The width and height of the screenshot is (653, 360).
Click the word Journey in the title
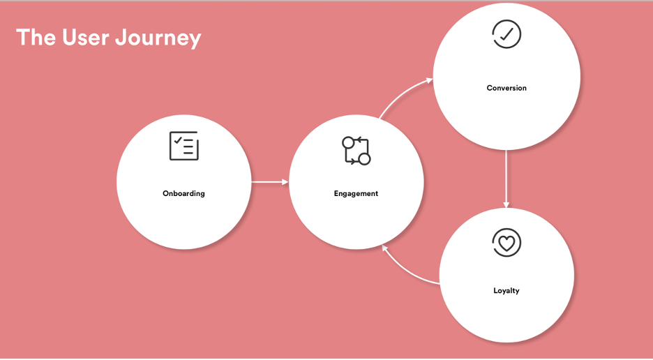click(x=158, y=38)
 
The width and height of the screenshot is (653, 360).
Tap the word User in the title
click(x=87, y=37)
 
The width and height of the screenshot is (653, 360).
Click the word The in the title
click(x=36, y=37)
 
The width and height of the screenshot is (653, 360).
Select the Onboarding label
click(x=183, y=193)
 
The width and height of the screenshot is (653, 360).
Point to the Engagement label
click(x=356, y=193)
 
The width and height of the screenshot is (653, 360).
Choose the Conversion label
click(x=506, y=88)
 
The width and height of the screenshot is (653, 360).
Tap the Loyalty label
click(x=506, y=291)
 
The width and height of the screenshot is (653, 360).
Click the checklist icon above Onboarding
click(x=184, y=146)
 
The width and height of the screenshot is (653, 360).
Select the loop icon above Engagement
click(x=356, y=151)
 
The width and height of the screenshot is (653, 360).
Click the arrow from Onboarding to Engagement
click(x=270, y=182)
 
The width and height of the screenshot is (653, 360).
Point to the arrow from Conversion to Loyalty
click(x=506, y=179)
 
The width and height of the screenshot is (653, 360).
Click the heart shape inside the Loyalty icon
click(x=506, y=243)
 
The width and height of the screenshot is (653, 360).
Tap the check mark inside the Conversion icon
click(x=506, y=35)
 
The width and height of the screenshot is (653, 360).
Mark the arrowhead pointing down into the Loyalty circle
click(x=506, y=204)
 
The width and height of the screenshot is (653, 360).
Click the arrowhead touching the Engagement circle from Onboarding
click(x=285, y=182)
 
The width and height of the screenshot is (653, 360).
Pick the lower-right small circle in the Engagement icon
click(x=364, y=159)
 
